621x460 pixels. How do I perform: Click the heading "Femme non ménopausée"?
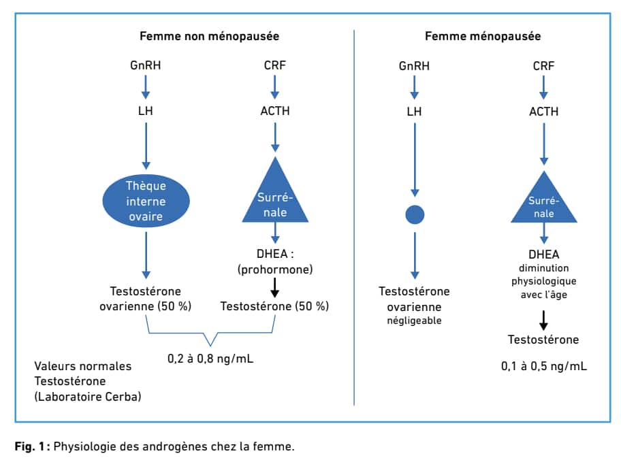(x=209, y=37)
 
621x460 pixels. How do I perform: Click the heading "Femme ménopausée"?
(x=483, y=37)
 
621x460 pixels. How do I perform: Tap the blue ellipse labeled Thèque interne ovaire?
(x=146, y=201)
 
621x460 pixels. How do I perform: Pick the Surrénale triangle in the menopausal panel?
(x=544, y=197)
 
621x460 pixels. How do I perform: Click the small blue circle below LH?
(x=415, y=215)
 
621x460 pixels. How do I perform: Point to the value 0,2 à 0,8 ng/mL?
(x=210, y=359)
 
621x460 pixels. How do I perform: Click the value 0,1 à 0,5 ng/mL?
(x=544, y=366)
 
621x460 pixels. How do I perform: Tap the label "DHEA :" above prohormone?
(x=275, y=254)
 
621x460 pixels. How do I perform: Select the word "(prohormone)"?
(x=275, y=269)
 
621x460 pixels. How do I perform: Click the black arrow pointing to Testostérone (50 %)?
(x=275, y=288)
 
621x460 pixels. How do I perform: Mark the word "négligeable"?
(x=414, y=321)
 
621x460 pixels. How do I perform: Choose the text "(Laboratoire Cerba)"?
(x=88, y=397)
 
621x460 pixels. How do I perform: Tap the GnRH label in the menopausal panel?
(x=414, y=66)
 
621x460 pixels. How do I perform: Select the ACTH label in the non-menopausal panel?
(x=275, y=111)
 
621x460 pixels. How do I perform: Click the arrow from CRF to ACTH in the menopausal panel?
(x=544, y=88)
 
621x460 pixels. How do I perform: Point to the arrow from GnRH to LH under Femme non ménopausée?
(x=146, y=87)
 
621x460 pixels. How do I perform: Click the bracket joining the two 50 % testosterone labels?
(x=210, y=333)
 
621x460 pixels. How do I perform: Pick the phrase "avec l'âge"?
(x=544, y=295)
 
